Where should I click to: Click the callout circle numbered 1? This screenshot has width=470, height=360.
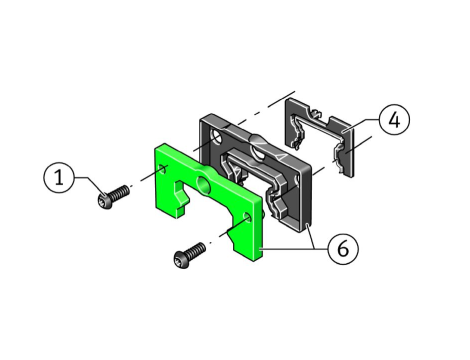pyautogui.click(x=59, y=177)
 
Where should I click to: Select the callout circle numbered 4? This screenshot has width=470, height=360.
pyautogui.click(x=394, y=120)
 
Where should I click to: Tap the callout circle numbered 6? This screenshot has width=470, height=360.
pyautogui.click(x=343, y=249)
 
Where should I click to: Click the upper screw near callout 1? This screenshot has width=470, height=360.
pyautogui.click(x=114, y=197)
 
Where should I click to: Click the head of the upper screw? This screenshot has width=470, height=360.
pyautogui.click(x=105, y=202)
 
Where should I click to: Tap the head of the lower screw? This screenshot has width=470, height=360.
pyautogui.click(x=181, y=260)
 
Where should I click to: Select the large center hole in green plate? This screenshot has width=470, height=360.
pyautogui.click(x=203, y=184)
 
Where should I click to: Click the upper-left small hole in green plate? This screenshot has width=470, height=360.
pyautogui.click(x=163, y=169)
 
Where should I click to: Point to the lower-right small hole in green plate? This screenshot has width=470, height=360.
pyautogui.click(x=247, y=217)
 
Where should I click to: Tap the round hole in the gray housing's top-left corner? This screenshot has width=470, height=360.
pyautogui.click(x=216, y=137)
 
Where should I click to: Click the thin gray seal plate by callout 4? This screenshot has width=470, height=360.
pyautogui.click(x=319, y=137)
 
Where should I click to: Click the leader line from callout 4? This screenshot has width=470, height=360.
pyautogui.click(x=362, y=126)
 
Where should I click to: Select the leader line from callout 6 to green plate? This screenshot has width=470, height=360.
pyautogui.click(x=294, y=249)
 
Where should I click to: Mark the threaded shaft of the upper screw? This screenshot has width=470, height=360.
pyautogui.click(x=121, y=193)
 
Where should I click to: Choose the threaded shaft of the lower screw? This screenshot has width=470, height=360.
pyautogui.click(x=197, y=251)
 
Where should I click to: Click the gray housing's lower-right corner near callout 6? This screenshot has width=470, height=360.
pyautogui.click(x=307, y=227)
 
